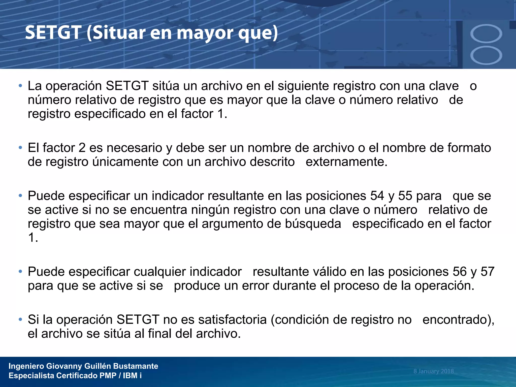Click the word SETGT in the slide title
coord(53,33)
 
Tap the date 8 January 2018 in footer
coord(433,371)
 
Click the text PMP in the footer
coord(108,376)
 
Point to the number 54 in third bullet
coord(377,196)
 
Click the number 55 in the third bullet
coord(405,196)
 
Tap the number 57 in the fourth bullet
coord(488,272)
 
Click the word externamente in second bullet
coord(346,162)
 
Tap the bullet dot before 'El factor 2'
coord(20,148)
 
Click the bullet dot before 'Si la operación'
coord(20,320)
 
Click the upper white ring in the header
coord(486,34)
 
